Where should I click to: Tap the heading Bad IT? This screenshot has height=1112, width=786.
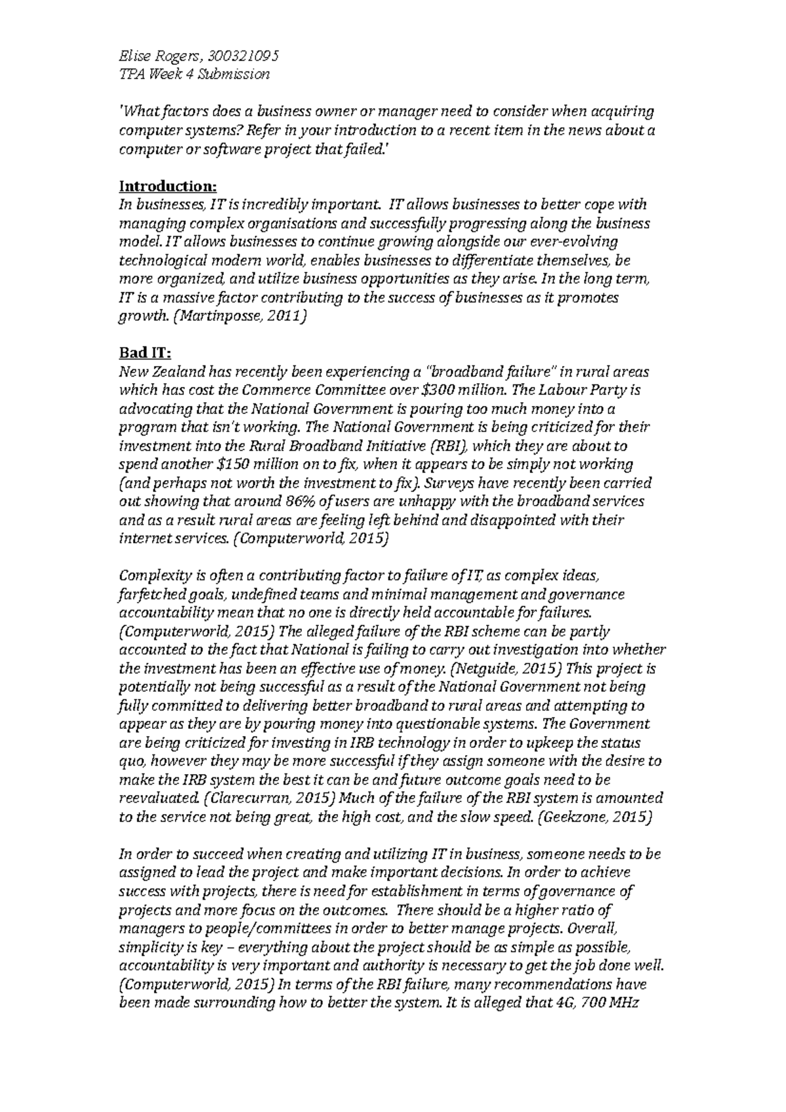[x=144, y=353]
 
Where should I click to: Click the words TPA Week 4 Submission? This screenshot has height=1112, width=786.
[x=194, y=74]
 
